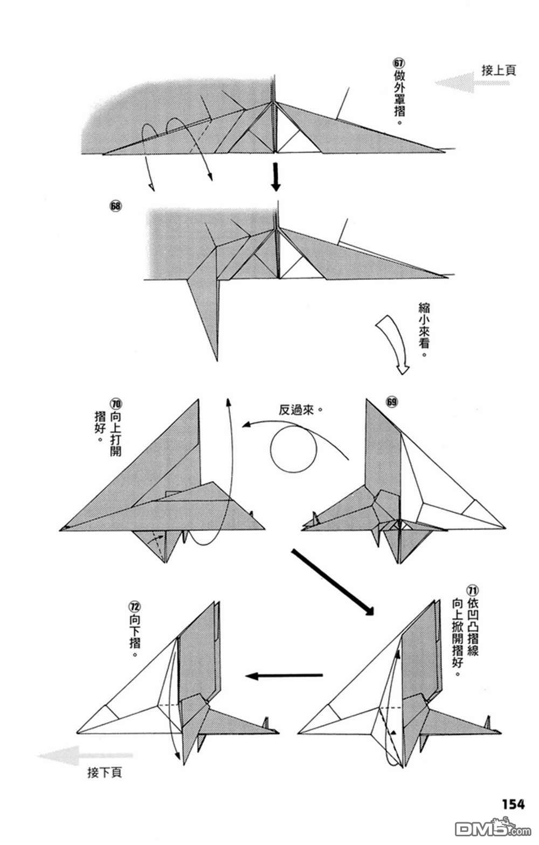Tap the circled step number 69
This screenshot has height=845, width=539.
[391, 402]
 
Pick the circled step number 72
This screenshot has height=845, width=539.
[134, 607]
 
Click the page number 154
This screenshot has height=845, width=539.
[513, 804]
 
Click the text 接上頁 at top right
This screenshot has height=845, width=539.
[499, 70]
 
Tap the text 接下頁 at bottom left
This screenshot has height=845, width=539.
[105, 773]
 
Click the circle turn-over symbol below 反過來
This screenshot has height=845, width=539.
[294, 449]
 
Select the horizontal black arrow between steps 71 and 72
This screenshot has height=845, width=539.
[284, 675]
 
